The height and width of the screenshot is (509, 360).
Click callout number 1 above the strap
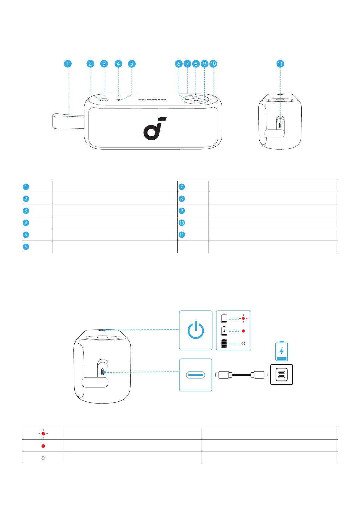tap(68, 64)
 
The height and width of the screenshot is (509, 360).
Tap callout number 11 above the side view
tap(280, 64)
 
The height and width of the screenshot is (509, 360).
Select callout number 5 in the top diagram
tap(131, 64)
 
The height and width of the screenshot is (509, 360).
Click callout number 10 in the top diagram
tap(213, 64)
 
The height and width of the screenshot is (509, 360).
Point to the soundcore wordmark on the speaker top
tap(152, 99)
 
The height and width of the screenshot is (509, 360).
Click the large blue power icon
tap(196, 330)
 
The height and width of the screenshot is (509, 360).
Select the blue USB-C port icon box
tap(196, 375)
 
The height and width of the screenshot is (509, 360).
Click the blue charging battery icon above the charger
tap(282, 351)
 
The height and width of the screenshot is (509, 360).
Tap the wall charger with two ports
tap(282, 375)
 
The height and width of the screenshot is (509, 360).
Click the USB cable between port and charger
tap(241, 375)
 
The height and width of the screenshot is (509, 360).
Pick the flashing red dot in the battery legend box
tap(243, 319)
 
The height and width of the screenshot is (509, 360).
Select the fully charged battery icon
tap(224, 344)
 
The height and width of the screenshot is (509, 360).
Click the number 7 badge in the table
tap(182, 187)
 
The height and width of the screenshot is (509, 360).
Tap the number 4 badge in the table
tap(26, 223)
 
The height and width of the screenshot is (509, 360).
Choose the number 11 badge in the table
tap(182, 235)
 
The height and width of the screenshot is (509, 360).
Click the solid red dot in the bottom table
tap(43, 446)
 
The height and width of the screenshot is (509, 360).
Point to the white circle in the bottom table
tap(43, 458)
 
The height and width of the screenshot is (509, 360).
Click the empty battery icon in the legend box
tap(224, 319)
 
